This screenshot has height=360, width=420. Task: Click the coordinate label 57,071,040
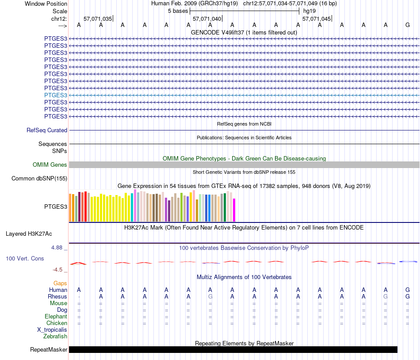click(x=207, y=19)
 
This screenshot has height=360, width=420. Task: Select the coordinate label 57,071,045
click(x=316, y=19)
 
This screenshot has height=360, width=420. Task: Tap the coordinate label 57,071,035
click(x=98, y=19)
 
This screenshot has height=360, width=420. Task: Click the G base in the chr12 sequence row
click(x=408, y=25)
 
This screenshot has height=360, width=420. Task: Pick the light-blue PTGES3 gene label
click(x=56, y=95)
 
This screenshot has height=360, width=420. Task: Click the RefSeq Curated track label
click(x=47, y=130)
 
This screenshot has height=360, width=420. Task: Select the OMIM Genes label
click(x=50, y=165)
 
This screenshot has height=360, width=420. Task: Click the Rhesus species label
click(x=57, y=296)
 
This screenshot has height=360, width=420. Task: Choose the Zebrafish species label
click(x=55, y=337)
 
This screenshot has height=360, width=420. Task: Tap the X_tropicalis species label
click(x=52, y=329)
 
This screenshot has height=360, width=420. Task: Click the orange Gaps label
click(x=60, y=283)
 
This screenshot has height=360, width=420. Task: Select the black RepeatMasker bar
click(x=233, y=349)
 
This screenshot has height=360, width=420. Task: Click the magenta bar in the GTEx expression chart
click(x=234, y=210)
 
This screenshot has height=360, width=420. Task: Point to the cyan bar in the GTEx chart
click(x=132, y=207)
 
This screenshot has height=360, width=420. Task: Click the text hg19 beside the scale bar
click(x=310, y=11)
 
